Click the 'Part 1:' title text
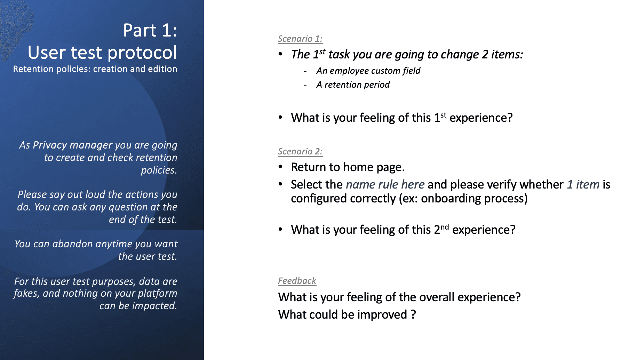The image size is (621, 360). click(150, 30)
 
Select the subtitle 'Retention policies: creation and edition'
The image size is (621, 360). click(95, 69)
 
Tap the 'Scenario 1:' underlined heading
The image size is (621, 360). click(300, 39)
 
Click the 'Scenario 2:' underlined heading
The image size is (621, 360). click(300, 151)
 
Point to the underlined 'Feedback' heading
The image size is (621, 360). click(297, 281)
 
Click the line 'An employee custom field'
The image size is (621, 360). click(368, 71)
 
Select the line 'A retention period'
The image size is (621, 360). click(353, 85)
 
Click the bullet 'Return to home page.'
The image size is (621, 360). click(348, 167)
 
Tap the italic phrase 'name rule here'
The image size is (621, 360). click(385, 184)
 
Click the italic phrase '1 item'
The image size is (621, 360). click(583, 184)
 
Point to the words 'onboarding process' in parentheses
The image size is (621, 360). click(472, 199)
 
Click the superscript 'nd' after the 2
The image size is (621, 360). click(445, 227)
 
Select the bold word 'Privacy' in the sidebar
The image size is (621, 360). click(50, 145)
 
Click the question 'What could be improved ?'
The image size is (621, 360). click(347, 314)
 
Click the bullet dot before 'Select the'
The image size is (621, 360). click(280, 184)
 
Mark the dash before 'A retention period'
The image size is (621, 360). click(305, 85)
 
